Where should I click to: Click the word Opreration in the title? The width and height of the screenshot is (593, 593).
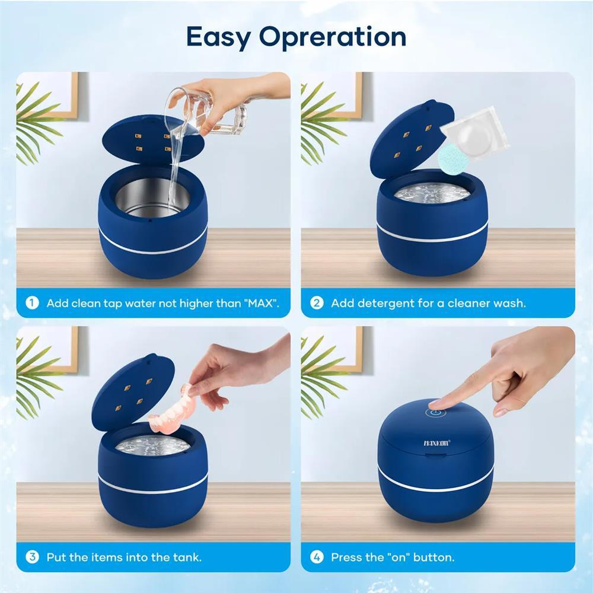pos(333,37)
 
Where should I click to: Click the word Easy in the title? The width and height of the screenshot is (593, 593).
pos(219,37)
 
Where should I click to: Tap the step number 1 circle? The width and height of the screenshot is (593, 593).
pos(32,303)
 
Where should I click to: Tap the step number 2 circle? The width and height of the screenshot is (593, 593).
pos(317,303)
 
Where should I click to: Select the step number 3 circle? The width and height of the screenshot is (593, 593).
pos(32,557)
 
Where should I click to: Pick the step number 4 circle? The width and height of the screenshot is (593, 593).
pos(317,557)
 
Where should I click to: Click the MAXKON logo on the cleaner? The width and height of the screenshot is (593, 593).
pos(437,443)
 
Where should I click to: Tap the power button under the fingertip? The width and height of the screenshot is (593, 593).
pos(435,413)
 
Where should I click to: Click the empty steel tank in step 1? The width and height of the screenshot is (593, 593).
pos(152,197)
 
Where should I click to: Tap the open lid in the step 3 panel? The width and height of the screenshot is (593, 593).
pos(133,392)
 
